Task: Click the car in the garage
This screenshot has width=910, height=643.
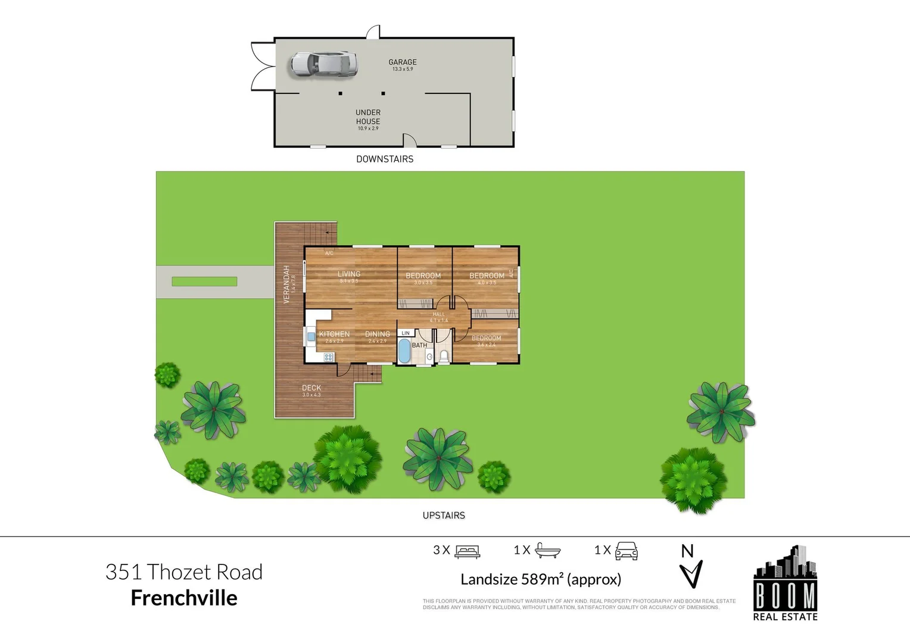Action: point(323,64)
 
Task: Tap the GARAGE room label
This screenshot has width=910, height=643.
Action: point(403,62)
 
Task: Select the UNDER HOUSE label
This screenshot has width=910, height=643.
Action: point(368,117)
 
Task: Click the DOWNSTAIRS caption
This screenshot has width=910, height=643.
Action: point(385,159)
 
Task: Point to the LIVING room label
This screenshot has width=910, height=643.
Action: point(349,274)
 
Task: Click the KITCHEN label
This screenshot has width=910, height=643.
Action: point(334,334)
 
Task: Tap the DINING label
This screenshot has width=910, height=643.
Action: point(378,334)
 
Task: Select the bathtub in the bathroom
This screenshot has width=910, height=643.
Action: point(404,351)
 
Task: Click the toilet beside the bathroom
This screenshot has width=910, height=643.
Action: point(444,356)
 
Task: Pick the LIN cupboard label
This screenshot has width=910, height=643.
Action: point(406,333)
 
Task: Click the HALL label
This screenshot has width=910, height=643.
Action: point(439,314)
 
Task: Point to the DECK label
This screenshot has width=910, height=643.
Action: point(311,388)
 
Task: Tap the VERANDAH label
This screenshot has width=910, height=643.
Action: point(286,284)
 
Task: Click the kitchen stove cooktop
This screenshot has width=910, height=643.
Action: point(328,357)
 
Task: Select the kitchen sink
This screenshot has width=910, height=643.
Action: point(311,336)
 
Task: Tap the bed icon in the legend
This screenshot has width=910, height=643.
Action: point(467,551)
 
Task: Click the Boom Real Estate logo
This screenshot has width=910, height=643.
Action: point(785,583)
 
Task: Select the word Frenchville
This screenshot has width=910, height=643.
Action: point(184,598)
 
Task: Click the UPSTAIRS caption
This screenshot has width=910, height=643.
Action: point(444,516)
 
